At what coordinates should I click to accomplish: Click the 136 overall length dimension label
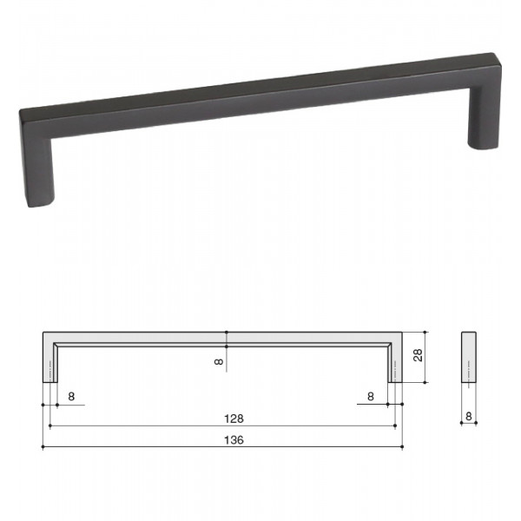tap(234, 440)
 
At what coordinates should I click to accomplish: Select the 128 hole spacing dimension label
tap(234, 419)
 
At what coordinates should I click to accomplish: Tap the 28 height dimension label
tap(418, 355)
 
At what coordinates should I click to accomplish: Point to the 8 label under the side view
tap(469, 416)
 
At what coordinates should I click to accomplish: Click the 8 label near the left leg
tap(71, 397)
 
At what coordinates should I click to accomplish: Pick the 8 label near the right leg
tap(371, 397)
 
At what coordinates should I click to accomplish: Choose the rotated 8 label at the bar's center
tap(219, 362)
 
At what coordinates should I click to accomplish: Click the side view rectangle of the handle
tap(469, 357)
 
